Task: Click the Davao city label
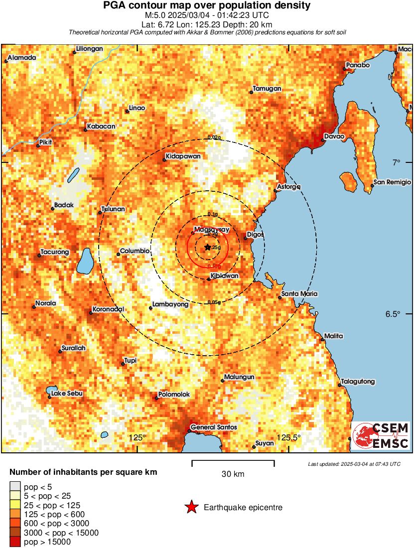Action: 334,136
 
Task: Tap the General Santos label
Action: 214,427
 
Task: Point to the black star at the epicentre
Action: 208,247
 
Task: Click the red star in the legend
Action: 191,508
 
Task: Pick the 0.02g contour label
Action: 213,137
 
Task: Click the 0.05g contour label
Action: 214,302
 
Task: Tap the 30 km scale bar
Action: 233,464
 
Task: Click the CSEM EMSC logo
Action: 381,435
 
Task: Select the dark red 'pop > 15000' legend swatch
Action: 15,542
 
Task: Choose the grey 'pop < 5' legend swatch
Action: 15,487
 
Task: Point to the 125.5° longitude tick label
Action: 289,437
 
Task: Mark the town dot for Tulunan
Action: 100,213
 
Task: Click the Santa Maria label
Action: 299,294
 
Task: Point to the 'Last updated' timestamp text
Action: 354,464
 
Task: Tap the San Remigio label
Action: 392,182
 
